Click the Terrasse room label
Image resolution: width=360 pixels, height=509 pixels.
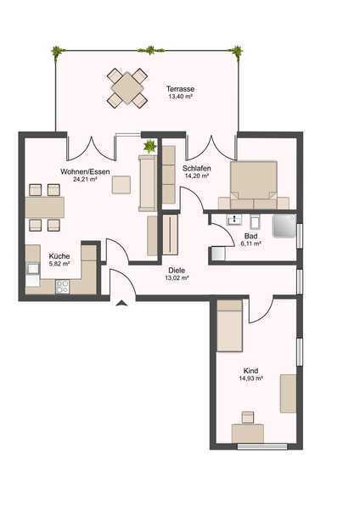point(180,88)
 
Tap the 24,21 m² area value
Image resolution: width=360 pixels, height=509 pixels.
point(86,179)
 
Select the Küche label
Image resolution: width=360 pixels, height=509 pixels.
point(59,256)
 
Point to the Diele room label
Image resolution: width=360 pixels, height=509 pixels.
point(177,270)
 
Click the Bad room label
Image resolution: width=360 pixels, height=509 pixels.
point(250,236)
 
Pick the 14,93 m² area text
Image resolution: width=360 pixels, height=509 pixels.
point(250,378)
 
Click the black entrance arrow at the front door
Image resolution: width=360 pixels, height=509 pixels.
point(121,304)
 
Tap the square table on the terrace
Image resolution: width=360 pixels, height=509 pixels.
point(127,88)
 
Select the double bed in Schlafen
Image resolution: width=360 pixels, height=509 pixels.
point(254,185)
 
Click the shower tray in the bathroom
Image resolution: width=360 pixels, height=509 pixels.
point(284,226)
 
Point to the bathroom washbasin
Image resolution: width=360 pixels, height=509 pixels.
point(234,220)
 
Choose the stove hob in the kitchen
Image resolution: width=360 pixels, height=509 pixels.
point(62,287)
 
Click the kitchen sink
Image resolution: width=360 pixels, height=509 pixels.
point(33,268)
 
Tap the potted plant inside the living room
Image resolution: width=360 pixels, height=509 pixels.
point(149,146)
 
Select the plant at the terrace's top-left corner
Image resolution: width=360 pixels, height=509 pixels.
point(58,51)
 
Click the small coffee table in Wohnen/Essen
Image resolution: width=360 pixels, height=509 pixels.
point(121,185)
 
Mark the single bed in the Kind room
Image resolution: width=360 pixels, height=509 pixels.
point(230,326)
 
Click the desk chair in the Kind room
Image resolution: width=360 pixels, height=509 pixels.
point(248,417)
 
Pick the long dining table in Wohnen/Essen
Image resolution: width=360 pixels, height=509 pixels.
point(45,207)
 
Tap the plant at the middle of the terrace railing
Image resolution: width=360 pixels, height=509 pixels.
point(150,50)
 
